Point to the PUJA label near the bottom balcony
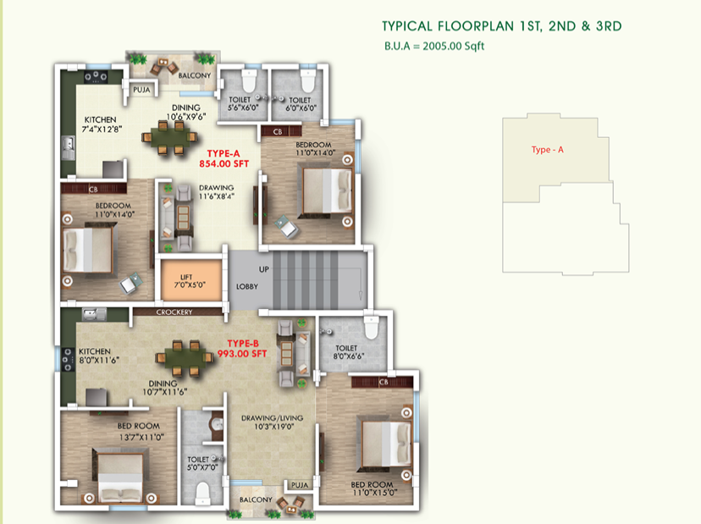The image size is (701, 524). pyautogui.click(x=299, y=485)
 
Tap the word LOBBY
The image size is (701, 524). pyautogui.click(x=247, y=286)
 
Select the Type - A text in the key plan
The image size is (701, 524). pyautogui.click(x=547, y=150)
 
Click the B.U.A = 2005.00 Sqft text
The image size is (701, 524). pyautogui.click(x=433, y=46)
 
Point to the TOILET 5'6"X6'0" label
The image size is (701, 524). pyautogui.click(x=240, y=103)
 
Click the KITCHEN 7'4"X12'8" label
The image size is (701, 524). pyautogui.click(x=100, y=124)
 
